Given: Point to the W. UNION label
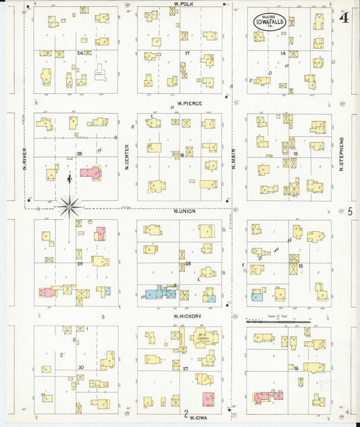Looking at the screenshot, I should tap(184, 211).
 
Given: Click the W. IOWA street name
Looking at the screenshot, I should tap(197, 418).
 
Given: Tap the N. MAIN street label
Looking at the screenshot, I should tap(233, 157).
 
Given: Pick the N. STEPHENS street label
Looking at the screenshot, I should tap(342, 153).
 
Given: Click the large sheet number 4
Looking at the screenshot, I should tap(344, 18).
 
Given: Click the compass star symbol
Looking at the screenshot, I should tap(70, 205).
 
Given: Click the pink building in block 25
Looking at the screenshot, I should tap(91, 172).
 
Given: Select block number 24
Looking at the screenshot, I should tap(80, 52).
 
